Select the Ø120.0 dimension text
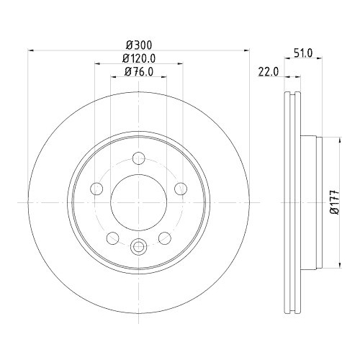coord(138,58)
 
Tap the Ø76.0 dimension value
coord(138,71)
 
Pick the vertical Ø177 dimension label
coord(333,204)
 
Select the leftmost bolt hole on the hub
coord(96,189)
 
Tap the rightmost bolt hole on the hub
coord(181,189)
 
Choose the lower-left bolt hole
coord(112,238)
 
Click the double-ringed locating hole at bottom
coord(138,246)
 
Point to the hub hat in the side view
coord(308,204)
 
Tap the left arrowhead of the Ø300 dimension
coord(31,50)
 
